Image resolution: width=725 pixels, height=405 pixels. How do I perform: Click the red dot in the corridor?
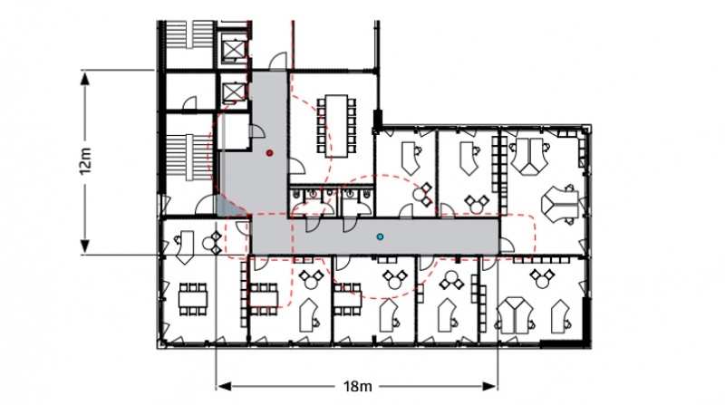tap(269, 153)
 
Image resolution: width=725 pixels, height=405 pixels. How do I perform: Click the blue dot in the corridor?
tap(380, 237)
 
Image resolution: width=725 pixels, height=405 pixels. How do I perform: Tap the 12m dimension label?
tap(86, 161)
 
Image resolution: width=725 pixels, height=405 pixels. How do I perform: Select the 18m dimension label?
tap(357, 386)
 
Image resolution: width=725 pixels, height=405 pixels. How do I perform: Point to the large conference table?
tap(336, 126)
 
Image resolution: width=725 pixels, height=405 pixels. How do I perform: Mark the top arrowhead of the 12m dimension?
tap(85, 78)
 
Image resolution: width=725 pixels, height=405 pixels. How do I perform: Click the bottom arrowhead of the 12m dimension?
tap(85, 246)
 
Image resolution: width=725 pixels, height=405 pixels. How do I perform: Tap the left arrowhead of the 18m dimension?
tap(224, 386)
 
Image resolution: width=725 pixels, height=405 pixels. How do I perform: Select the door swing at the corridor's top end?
tap(278, 62)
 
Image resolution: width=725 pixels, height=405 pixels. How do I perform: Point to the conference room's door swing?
tap(296, 167)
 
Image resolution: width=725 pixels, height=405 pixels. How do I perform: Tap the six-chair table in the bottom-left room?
tap(193, 299)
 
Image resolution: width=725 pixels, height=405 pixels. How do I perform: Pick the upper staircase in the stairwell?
tap(188, 35)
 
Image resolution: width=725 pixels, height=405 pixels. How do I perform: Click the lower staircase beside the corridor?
tap(188, 157)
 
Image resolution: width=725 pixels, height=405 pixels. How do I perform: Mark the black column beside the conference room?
tap(378, 121)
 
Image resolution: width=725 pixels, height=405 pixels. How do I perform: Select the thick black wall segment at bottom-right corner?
tap(565, 344)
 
